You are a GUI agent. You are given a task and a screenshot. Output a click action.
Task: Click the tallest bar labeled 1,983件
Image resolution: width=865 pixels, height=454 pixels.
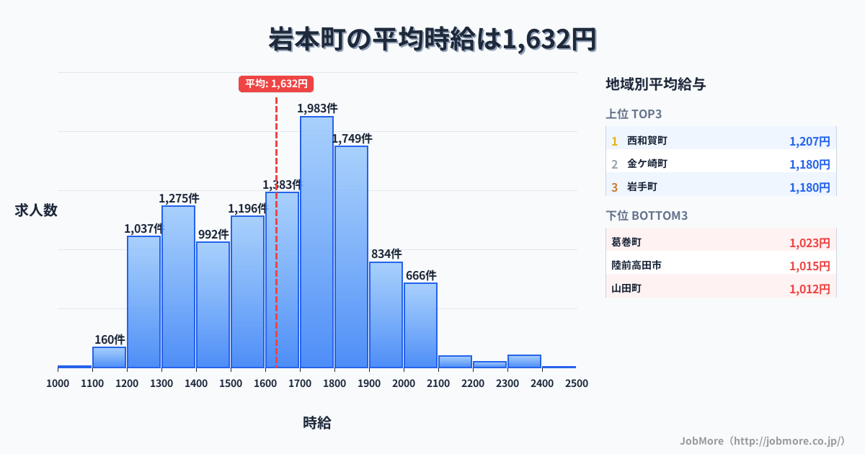[x=317, y=241]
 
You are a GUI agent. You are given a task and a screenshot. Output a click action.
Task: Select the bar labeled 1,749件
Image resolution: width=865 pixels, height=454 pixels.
[x=352, y=257]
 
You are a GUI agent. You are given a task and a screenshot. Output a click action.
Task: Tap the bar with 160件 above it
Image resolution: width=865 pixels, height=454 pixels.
[x=110, y=357]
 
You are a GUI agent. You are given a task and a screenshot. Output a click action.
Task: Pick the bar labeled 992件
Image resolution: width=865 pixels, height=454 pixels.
[x=213, y=305]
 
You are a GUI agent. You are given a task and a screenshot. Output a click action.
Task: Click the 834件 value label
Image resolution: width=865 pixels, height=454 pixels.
[x=386, y=254]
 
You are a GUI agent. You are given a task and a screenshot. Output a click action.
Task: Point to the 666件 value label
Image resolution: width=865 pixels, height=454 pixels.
[x=421, y=275]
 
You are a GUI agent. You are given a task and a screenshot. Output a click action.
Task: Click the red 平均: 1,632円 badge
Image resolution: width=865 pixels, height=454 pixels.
[x=276, y=84]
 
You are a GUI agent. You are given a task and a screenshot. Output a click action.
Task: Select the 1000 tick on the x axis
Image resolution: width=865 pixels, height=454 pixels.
[x=58, y=383]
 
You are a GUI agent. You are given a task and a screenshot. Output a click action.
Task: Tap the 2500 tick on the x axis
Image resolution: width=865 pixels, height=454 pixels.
[x=577, y=383]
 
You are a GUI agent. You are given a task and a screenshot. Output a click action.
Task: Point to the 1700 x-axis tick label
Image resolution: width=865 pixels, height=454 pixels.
[x=300, y=383]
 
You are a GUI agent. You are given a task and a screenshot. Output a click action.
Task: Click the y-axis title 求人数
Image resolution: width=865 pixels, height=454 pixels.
[x=36, y=210]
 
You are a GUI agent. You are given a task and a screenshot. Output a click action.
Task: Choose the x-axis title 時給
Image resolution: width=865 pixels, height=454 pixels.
[x=317, y=423]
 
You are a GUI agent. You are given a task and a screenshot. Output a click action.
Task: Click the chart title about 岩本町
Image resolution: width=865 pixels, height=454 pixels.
[x=432, y=39]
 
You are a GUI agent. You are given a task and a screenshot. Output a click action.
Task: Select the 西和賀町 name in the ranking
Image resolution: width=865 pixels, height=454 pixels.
[x=647, y=141]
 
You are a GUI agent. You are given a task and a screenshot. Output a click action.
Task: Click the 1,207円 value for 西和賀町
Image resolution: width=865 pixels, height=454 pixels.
[x=809, y=141]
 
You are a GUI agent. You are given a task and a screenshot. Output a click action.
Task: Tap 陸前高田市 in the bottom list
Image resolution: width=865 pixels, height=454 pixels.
[x=636, y=266]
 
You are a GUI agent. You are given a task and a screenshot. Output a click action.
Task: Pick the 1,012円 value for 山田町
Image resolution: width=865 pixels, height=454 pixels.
[x=809, y=289]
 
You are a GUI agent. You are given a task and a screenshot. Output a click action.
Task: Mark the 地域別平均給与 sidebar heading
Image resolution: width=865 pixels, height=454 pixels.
[x=655, y=84]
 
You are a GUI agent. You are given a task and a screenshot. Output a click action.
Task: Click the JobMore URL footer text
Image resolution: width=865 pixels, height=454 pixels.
[x=762, y=440]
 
